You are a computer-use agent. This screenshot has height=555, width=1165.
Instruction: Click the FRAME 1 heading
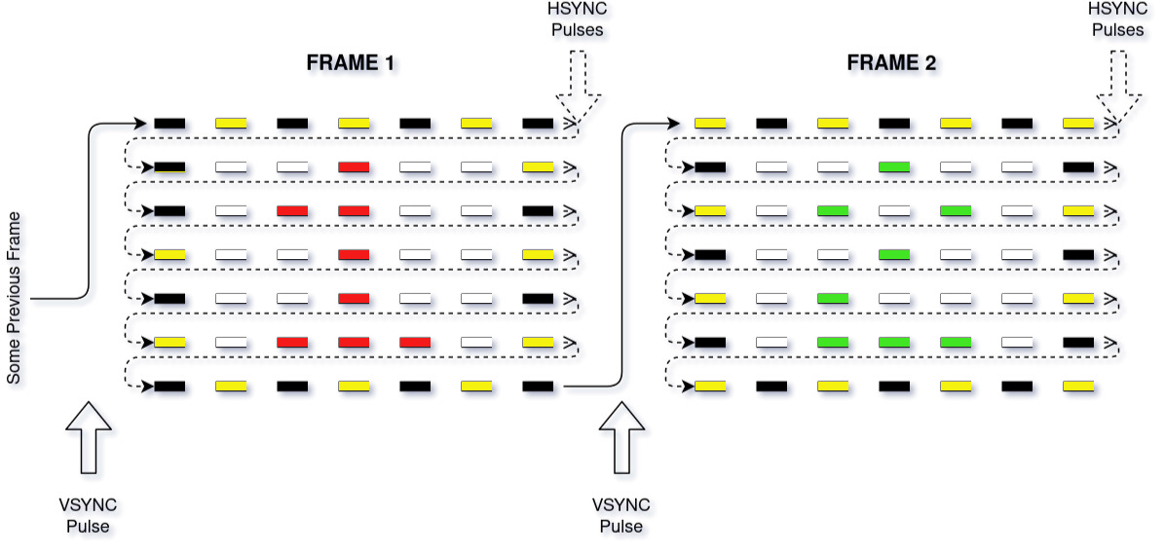click(350, 64)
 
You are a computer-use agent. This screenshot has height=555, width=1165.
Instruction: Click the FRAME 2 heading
click(891, 64)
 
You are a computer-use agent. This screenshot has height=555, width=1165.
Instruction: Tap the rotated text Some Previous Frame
click(15, 296)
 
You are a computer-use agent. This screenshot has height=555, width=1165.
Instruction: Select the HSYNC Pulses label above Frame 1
click(578, 19)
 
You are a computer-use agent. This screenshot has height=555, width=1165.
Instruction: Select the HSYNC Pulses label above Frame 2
click(1117, 19)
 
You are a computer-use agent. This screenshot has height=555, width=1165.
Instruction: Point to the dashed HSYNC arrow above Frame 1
click(578, 88)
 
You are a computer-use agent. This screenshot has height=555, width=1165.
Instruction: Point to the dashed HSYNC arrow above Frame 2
click(1118, 88)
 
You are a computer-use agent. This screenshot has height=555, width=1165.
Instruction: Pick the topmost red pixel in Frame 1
click(354, 167)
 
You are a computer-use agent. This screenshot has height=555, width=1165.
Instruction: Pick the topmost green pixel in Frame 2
click(893, 167)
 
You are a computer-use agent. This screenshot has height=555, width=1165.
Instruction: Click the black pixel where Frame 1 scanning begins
click(169, 124)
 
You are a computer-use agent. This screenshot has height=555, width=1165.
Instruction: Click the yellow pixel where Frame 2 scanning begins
click(710, 124)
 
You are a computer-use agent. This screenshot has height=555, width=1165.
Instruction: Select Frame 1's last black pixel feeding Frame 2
click(538, 387)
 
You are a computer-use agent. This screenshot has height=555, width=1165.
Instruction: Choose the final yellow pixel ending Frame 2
click(1078, 387)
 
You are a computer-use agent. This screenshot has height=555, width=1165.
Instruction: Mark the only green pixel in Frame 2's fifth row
click(832, 298)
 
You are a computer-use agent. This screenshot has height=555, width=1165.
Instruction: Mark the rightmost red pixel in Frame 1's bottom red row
click(415, 343)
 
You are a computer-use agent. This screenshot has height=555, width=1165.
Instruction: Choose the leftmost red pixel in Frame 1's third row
click(292, 210)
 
